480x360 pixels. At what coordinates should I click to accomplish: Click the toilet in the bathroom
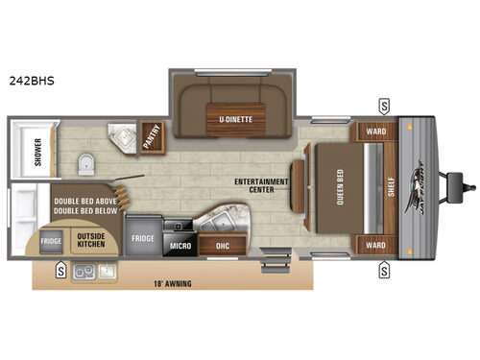(x=84, y=162)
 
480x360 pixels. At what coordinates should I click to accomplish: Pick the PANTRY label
(x=152, y=140)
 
